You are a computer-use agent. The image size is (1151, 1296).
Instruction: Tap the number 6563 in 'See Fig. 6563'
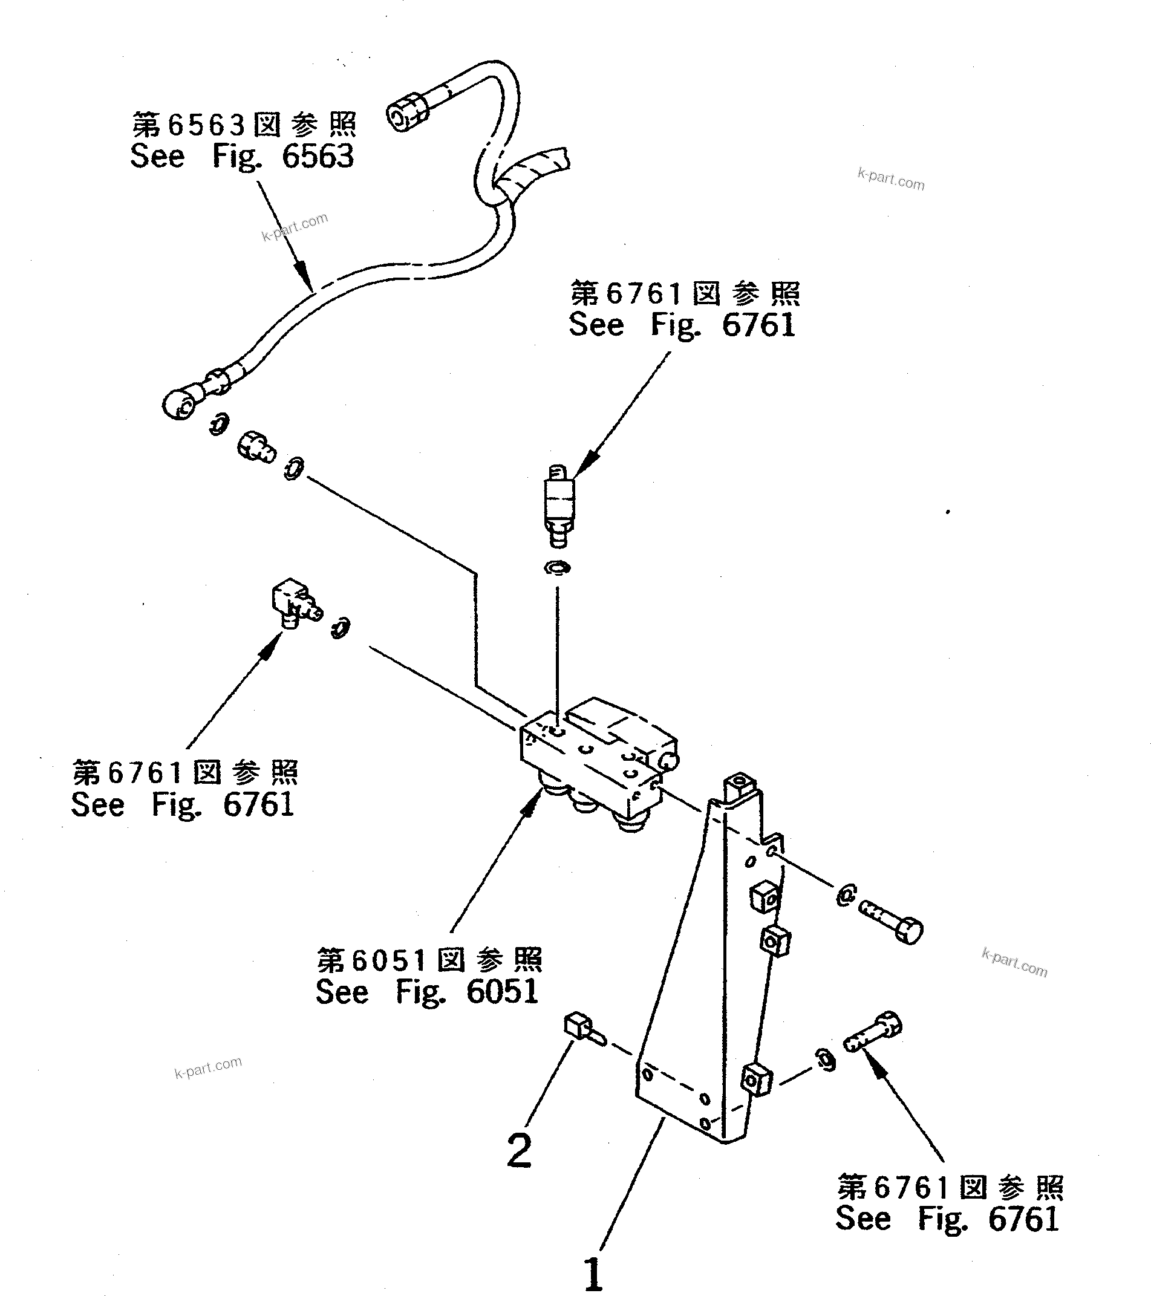pyautogui.click(x=317, y=156)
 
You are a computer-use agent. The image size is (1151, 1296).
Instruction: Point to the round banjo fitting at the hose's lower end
pyautogui.click(x=178, y=403)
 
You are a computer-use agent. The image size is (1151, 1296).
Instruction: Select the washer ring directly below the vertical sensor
pyautogui.click(x=557, y=567)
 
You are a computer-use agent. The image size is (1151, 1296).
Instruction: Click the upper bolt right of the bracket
pyautogui.click(x=892, y=923)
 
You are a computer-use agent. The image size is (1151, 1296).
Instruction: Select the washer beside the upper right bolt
pyautogui.click(x=846, y=895)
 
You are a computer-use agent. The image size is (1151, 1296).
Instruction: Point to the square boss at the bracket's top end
pyautogui.click(x=740, y=784)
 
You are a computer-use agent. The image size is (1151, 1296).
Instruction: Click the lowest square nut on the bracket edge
pyautogui.click(x=757, y=1078)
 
